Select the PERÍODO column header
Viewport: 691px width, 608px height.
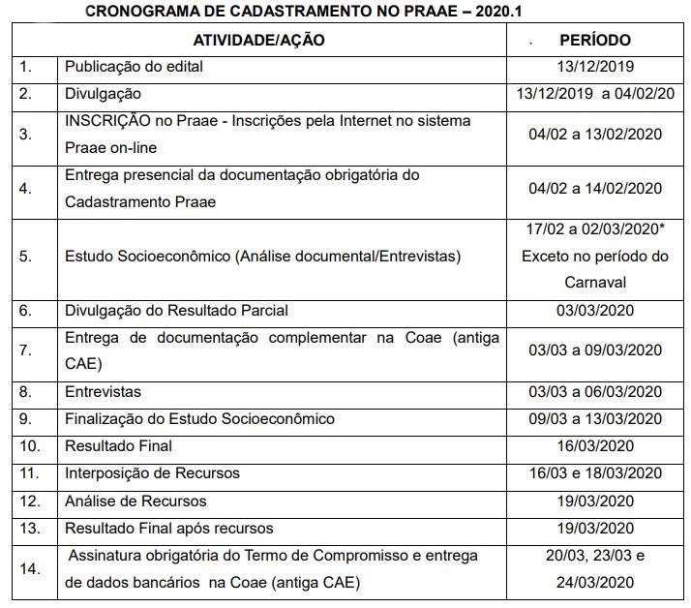595,41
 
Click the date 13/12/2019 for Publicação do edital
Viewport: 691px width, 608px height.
595,68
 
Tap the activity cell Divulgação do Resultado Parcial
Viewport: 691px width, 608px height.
176,311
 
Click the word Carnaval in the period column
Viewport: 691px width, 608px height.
595,283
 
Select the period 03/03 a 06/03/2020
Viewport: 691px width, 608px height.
595,392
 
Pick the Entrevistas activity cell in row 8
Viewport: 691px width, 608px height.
103,392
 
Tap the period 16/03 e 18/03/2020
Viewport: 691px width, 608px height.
595,473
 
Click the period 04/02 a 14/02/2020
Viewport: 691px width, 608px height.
595,189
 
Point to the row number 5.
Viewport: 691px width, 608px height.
25,257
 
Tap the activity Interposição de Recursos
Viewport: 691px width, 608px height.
152,473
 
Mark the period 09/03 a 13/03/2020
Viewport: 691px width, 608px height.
595,419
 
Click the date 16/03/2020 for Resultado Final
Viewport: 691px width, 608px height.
595,446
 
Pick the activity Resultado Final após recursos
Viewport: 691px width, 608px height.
168,529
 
